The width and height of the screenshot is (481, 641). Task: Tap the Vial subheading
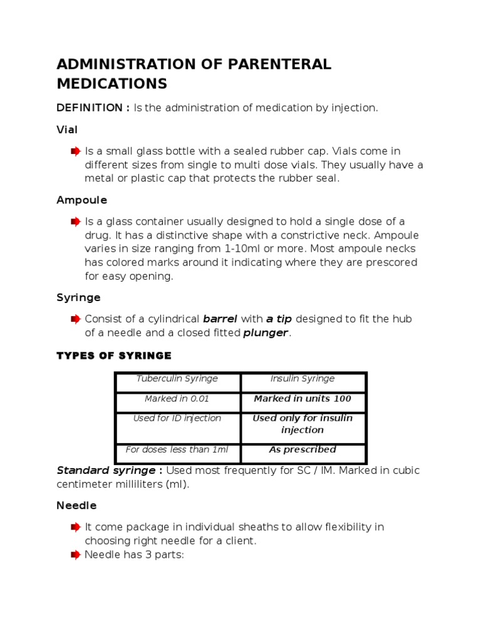(67, 129)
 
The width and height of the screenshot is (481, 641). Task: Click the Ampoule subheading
(82, 200)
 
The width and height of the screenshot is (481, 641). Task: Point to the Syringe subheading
(78, 297)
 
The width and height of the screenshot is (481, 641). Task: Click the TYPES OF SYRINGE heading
(113, 356)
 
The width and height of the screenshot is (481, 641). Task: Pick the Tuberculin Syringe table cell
(177, 379)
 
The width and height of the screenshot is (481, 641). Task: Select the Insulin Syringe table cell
(303, 379)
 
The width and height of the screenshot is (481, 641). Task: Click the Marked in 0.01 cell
(177, 399)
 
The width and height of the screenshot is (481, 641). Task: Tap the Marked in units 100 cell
(303, 399)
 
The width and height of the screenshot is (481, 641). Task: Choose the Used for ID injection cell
(177, 418)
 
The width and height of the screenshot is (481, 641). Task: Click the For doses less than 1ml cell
(177, 449)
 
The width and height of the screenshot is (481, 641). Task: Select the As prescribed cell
(303, 449)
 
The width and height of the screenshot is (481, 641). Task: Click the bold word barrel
(220, 319)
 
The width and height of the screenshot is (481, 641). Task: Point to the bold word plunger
(266, 333)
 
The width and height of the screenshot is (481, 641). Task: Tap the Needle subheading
(76, 505)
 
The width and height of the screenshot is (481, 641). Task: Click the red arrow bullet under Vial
(75, 151)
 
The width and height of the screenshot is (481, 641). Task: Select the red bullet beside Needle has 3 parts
(75, 555)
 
